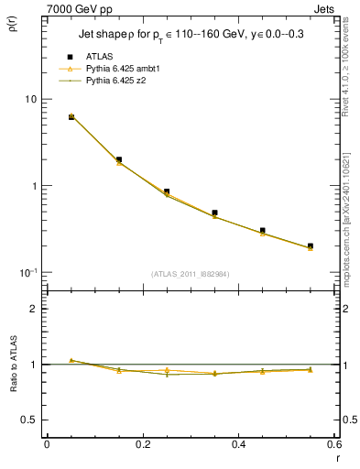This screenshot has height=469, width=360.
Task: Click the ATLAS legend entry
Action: (x=99, y=56)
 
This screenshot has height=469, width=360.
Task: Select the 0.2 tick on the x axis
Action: (x=142, y=444)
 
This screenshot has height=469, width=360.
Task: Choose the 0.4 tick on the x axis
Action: (x=238, y=444)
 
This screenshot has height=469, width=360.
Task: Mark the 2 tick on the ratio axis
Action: (x=34, y=309)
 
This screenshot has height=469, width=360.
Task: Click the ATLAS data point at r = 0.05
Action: (x=71, y=117)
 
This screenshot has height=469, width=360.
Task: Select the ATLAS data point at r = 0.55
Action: (x=311, y=245)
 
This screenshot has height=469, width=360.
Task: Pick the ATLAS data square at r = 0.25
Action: (x=167, y=191)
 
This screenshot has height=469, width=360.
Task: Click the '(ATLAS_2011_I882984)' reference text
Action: (x=191, y=274)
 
